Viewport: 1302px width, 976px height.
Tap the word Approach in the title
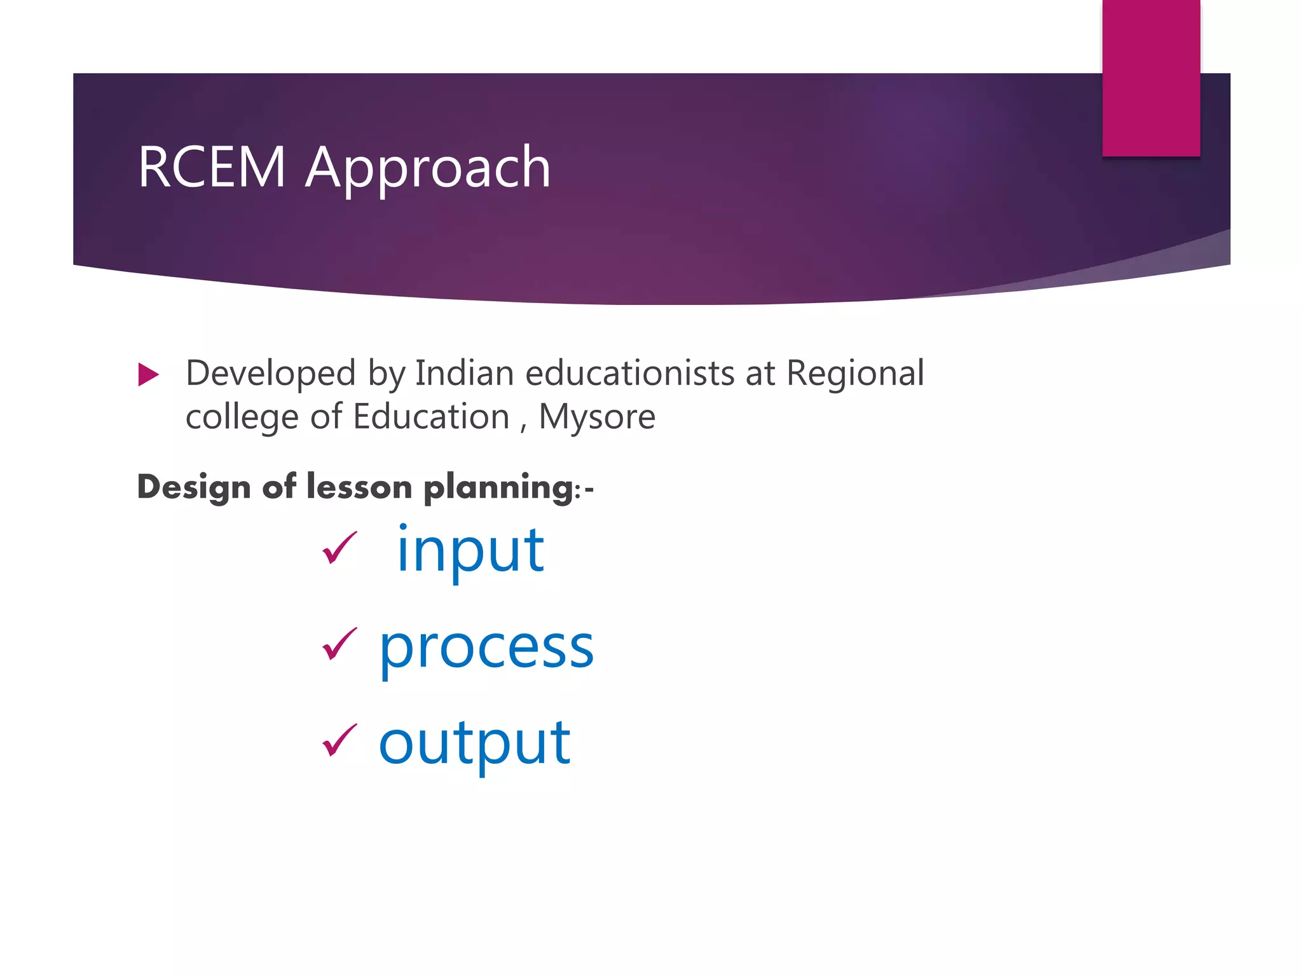pyautogui.click(x=428, y=168)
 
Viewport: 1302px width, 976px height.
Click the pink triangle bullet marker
pyautogui.click(x=148, y=375)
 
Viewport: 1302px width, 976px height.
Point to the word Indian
pyautogui.click(x=464, y=373)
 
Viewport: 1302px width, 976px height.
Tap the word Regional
pyautogui.click(x=855, y=374)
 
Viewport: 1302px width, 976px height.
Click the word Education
pyautogui.click(x=431, y=417)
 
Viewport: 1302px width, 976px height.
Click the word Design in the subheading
pyautogui.click(x=194, y=488)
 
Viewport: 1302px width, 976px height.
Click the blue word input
pyautogui.click(x=470, y=551)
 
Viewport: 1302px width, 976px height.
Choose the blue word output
pyautogui.click(x=474, y=743)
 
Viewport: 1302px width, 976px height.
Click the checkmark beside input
pyautogui.click(x=339, y=548)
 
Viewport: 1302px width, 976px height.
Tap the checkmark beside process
pyautogui.click(x=339, y=644)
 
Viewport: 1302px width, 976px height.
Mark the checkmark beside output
pyautogui.click(x=339, y=740)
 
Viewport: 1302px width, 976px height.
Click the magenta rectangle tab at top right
pyautogui.click(x=1151, y=78)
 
